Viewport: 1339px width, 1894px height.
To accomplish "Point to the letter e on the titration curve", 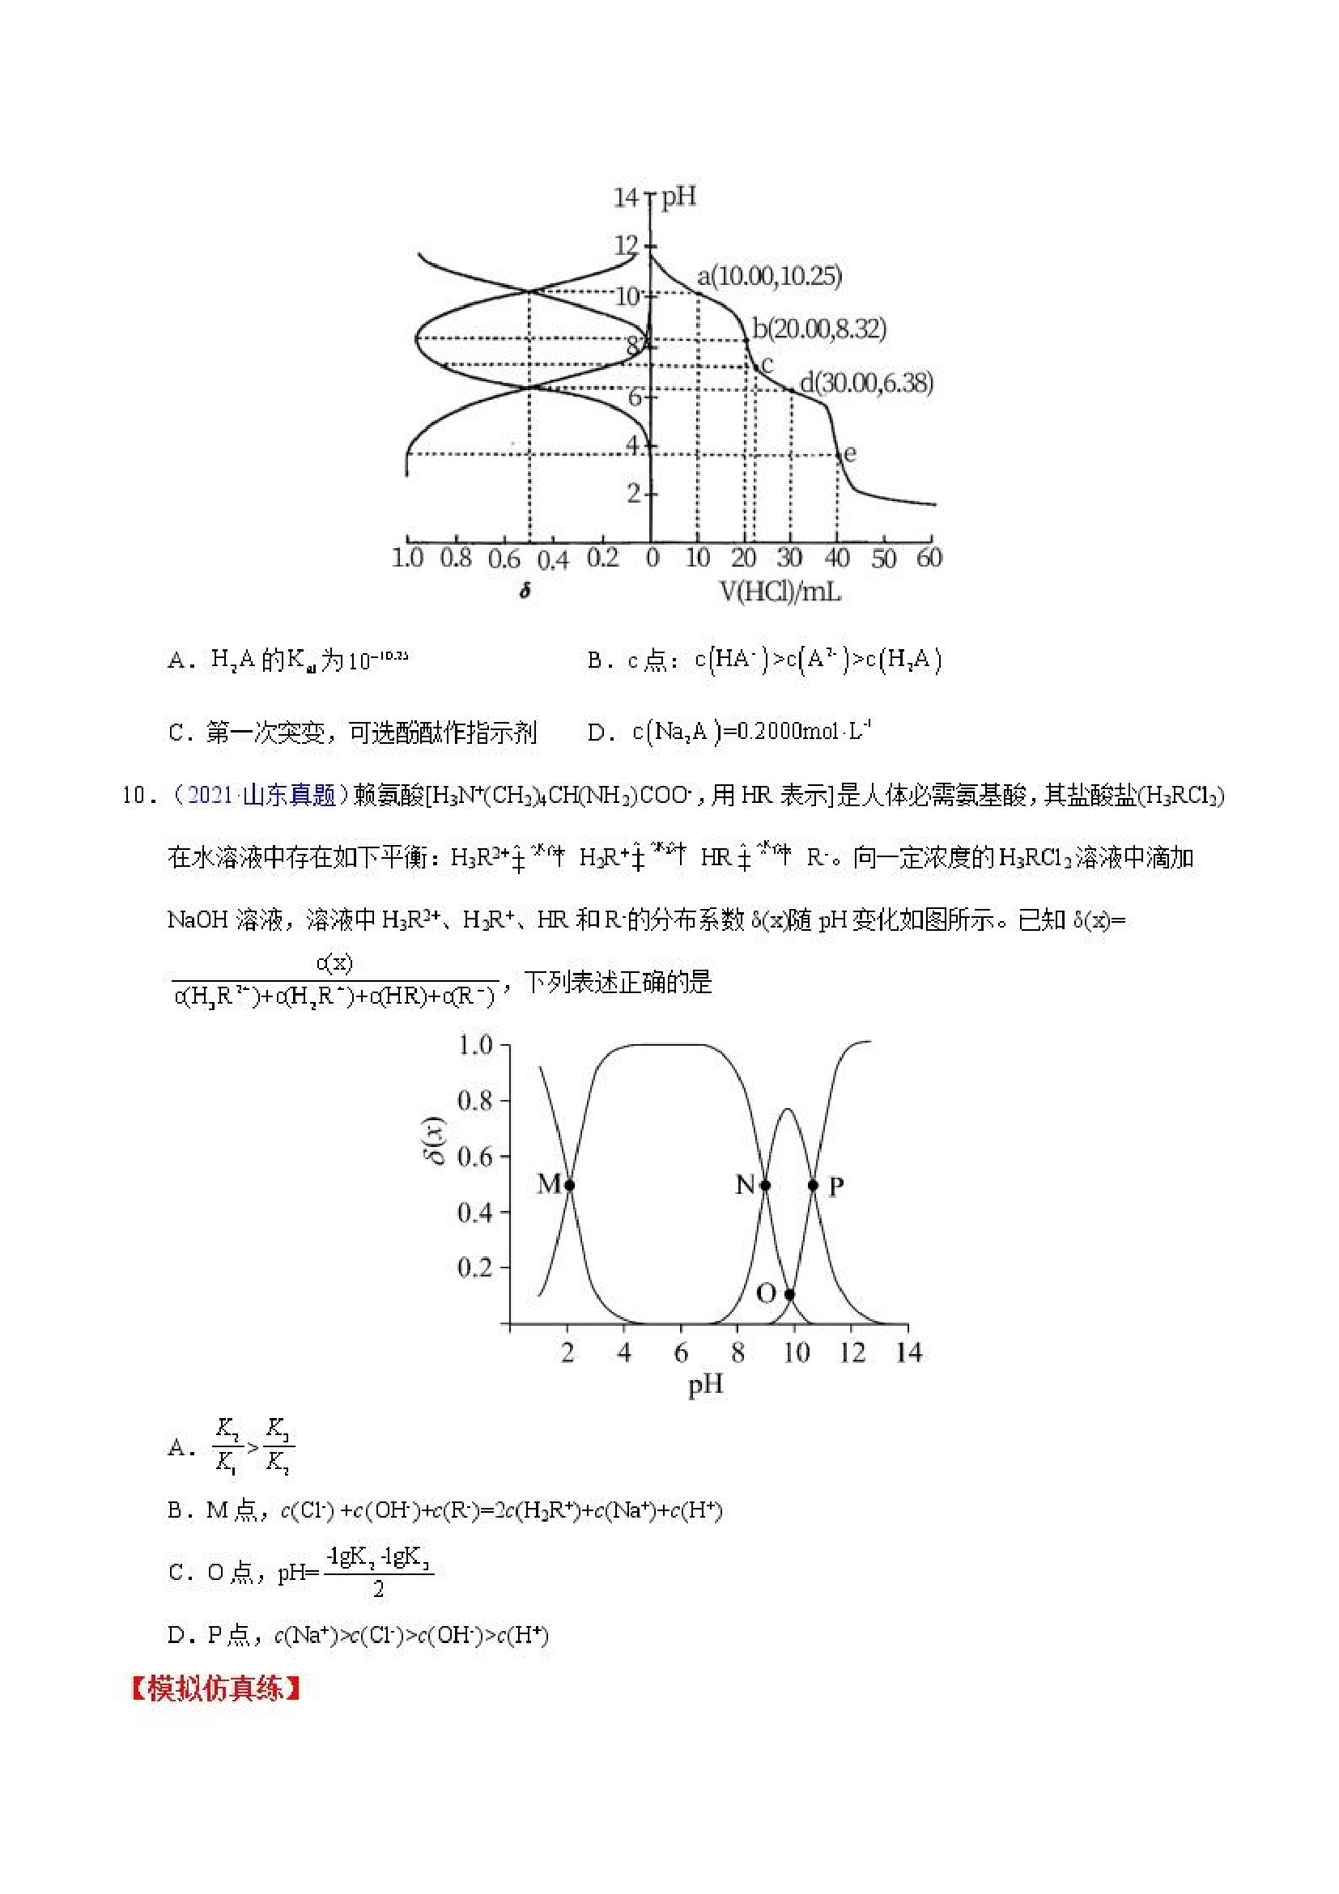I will pyautogui.click(x=851, y=453).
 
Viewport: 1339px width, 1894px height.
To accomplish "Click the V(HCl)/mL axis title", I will pyautogui.click(x=780, y=591).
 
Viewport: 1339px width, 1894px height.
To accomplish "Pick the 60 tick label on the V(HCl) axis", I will pyautogui.click(x=929, y=558).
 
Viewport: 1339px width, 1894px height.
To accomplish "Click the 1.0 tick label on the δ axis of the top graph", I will pyautogui.click(x=407, y=558).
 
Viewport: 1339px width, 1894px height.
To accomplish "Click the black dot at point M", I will pyautogui.click(x=569, y=1186).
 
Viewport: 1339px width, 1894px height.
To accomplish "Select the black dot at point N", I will pyautogui.click(x=765, y=1186).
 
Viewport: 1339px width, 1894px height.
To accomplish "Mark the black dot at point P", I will pyautogui.click(x=814, y=1186).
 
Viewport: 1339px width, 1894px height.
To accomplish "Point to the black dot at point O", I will pyautogui.click(x=789, y=1294).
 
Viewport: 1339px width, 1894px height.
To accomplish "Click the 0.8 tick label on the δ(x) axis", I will pyautogui.click(x=474, y=1101).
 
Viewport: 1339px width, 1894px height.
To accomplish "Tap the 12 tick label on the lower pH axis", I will pyautogui.click(x=852, y=1353).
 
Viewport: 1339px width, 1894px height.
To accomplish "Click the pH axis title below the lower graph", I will pyautogui.click(x=705, y=1386).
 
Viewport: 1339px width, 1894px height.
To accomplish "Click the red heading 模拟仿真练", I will pyautogui.click(x=215, y=1688).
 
